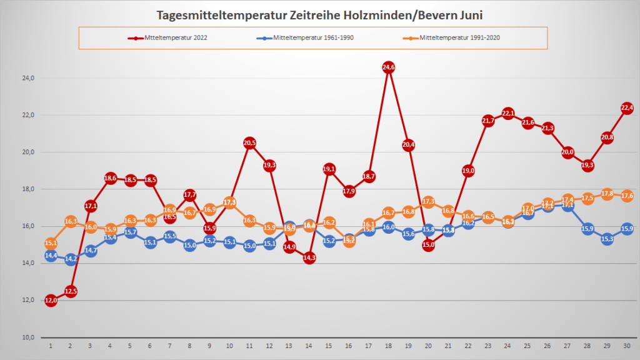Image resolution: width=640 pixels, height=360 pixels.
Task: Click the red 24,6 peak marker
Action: (388, 67)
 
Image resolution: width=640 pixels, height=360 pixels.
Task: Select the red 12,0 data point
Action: (51, 301)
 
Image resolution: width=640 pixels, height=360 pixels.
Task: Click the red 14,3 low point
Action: (309, 257)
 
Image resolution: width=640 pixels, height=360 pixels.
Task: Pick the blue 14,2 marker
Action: (71, 259)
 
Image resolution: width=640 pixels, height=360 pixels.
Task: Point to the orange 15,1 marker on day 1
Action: (51, 243)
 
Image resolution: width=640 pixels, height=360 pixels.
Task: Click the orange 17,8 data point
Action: (607, 194)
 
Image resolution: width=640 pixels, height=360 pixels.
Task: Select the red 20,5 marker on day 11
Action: (249, 143)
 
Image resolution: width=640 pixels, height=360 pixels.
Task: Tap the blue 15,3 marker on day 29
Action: (607, 239)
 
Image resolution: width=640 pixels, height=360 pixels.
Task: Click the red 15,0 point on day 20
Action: (428, 245)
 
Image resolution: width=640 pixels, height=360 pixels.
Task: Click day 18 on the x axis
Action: (388, 346)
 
